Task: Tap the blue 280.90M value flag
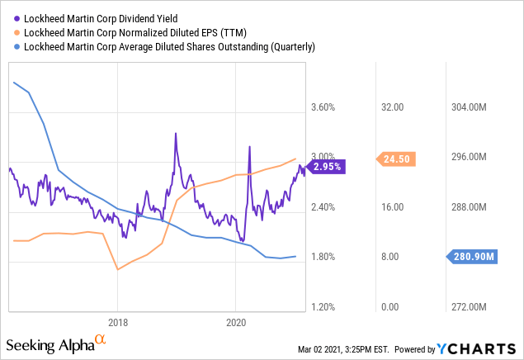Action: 473,257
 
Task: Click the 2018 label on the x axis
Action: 117,322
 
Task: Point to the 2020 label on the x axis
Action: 236,322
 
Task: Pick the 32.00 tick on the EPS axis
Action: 390,107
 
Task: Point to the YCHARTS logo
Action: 479,348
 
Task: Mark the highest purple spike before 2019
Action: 175,133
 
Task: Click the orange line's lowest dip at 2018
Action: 117,269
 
